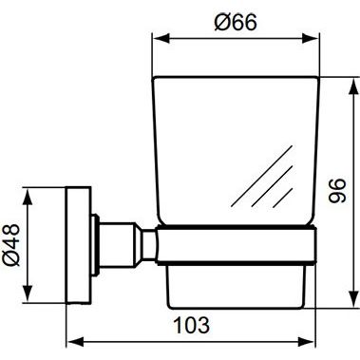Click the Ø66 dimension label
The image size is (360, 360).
[x=236, y=22]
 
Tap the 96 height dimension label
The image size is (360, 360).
[x=337, y=190]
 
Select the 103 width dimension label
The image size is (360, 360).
[x=192, y=325]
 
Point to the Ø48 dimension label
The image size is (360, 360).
[x=11, y=244]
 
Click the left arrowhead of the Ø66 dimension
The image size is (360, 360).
[x=161, y=39]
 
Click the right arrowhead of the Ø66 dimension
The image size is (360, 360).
[x=311, y=39]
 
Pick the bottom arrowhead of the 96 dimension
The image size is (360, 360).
[x=353, y=299]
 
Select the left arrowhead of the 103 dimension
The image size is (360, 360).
[x=75, y=342]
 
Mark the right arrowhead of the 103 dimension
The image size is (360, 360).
[x=307, y=342]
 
